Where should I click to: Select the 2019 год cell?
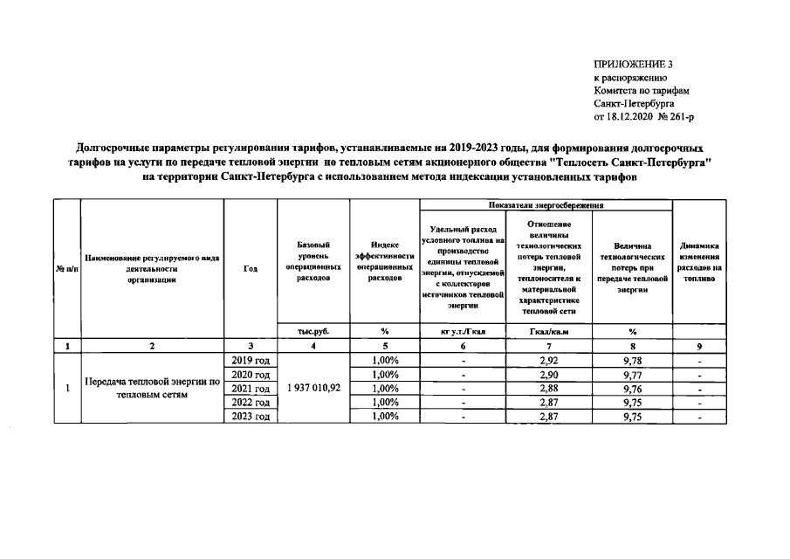(251, 360)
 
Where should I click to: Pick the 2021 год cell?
(251, 389)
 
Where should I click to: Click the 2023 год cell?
(251, 417)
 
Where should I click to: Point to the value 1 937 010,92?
(313, 389)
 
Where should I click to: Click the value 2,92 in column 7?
(548, 360)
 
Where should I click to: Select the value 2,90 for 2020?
(548, 375)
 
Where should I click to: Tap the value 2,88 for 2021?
(548, 389)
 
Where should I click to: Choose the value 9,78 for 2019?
(632, 360)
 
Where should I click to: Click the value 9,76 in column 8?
(632, 389)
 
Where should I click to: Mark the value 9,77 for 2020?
(632, 375)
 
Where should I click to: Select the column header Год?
(251, 269)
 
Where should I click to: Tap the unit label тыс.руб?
(313, 331)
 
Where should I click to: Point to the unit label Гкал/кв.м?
(548, 331)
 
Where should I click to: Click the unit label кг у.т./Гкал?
(463, 331)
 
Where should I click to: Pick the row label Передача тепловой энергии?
(152, 389)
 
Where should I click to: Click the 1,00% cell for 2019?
(385, 360)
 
